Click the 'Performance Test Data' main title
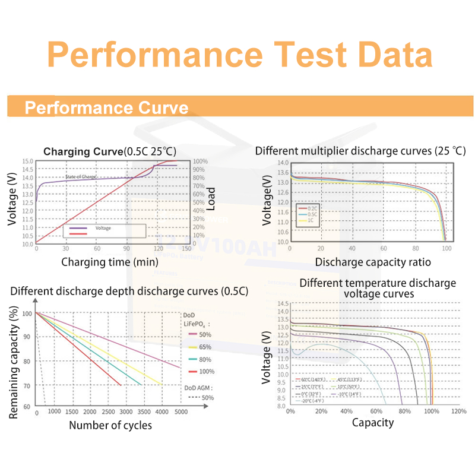pos(239,55)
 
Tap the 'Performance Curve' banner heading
pos(107,108)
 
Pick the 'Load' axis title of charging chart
pos(211,199)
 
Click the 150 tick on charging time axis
pos(188,249)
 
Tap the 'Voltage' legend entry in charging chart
pos(102,228)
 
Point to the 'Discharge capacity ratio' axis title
pos(373,262)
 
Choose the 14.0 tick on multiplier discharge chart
pos(283,163)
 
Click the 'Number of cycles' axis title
pos(110,425)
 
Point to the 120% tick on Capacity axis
pos(458,411)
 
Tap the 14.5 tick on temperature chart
pos(281,304)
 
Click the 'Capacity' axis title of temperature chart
pos(373,423)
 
